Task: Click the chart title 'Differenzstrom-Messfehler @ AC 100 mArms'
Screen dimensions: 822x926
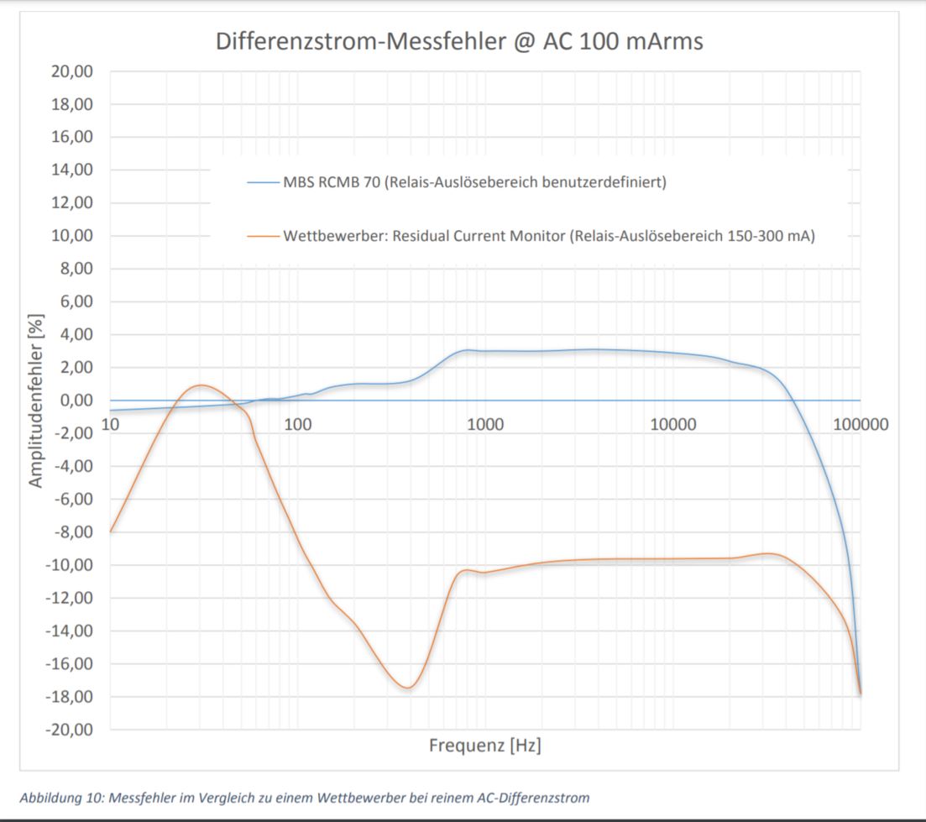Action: click(x=459, y=42)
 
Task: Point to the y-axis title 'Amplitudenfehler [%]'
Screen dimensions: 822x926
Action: click(x=36, y=401)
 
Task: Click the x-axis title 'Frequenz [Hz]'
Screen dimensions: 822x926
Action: click(x=484, y=745)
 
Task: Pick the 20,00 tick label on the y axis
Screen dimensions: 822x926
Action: click(x=72, y=71)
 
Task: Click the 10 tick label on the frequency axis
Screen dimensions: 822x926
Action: click(x=110, y=424)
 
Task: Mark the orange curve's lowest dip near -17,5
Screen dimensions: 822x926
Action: click(x=407, y=688)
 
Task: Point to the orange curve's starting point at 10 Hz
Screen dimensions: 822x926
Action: click(x=111, y=531)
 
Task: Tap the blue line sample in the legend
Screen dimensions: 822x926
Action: click(x=262, y=182)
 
